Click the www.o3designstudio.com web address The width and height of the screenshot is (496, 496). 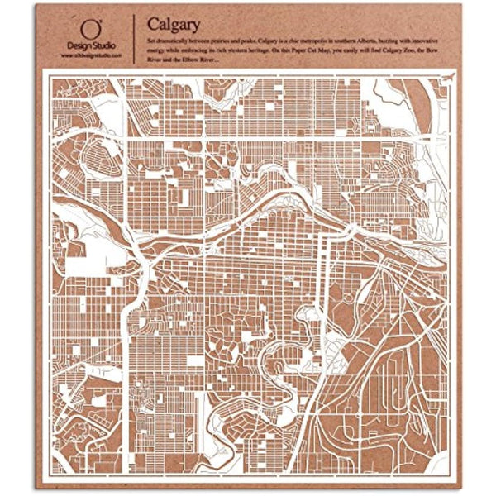(92, 55)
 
